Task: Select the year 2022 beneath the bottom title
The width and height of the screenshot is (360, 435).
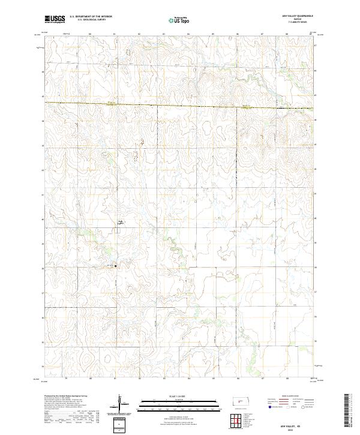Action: coord(298,428)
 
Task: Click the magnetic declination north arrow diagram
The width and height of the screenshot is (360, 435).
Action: coord(119,404)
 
